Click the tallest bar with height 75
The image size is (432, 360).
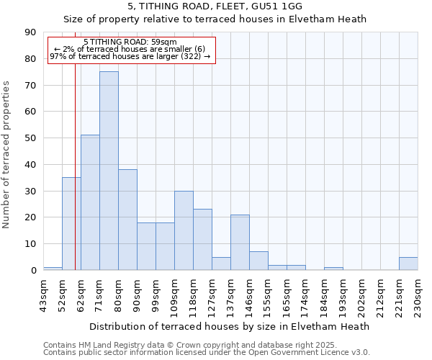point(109,171)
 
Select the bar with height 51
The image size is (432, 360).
point(90,202)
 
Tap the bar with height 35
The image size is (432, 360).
point(71,223)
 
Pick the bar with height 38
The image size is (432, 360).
point(127,220)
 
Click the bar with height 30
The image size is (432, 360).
point(184,230)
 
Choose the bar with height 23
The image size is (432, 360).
point(202,240)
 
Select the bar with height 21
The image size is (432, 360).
point(240,242)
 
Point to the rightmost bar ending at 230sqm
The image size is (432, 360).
point(408,264)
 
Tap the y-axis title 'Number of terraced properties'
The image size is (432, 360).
point(7,155)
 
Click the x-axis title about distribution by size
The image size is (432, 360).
point(230,326)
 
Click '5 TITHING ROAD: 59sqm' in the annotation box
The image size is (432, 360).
point(130,42)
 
